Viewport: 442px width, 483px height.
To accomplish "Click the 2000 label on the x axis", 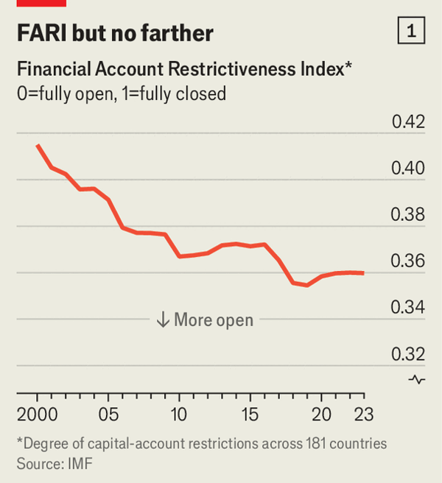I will [x=37, y=414].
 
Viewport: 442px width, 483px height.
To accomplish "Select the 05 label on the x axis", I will [x=108, y=414].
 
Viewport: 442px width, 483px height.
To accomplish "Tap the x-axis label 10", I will [x=179, y=414].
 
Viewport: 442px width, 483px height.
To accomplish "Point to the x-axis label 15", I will [x=250, y=414].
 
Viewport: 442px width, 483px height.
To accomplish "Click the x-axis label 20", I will [x=321, y=414].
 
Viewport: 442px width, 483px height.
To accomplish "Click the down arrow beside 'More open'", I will [x=162, y=320].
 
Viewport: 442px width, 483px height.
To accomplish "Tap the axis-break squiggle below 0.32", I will [x=418, y=379].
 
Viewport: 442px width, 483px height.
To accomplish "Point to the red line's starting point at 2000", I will [x=37, y=145].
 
